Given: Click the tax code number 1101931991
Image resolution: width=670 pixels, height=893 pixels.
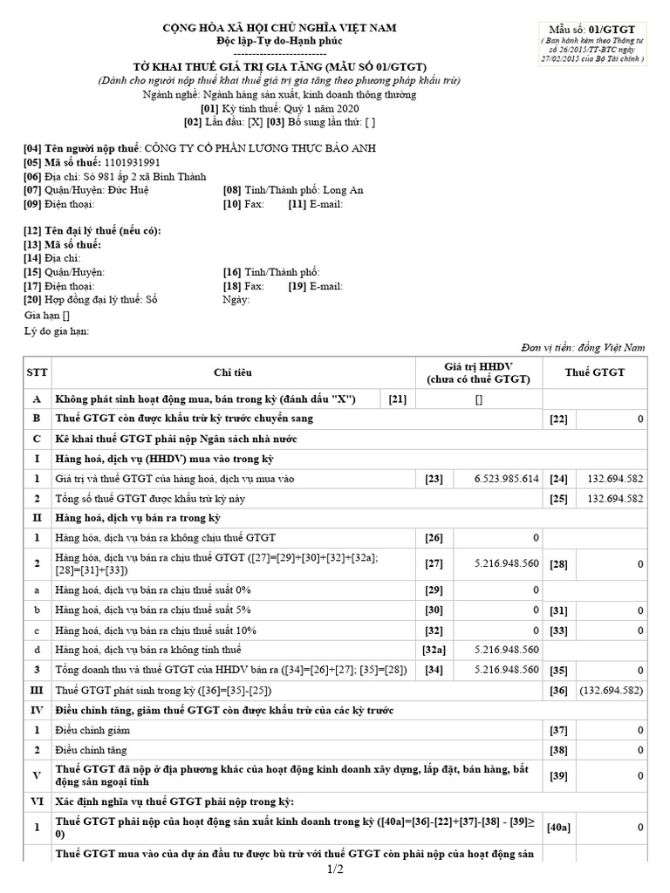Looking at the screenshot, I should [132, 162].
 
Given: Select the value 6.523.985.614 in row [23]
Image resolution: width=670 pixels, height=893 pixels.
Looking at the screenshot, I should [507, 478].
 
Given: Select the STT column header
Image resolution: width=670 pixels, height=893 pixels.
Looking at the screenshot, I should [38, 372].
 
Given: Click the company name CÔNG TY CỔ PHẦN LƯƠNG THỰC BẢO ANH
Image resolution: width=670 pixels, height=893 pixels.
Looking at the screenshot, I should [260, 148].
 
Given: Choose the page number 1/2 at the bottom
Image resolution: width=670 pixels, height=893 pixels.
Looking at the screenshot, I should [335, 869].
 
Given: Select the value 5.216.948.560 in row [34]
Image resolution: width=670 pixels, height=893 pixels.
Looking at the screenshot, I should [507, 671].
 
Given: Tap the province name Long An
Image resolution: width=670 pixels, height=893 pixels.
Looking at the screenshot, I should [343, 190].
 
